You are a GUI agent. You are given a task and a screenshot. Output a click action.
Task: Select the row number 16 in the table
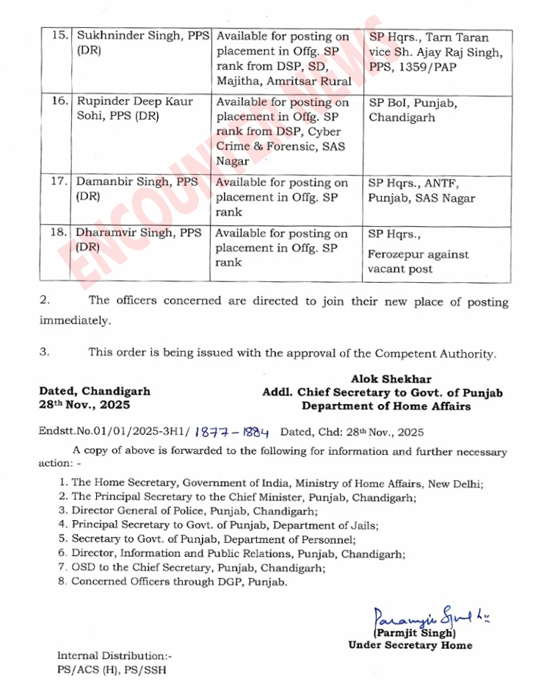pyautogui.click(x=59, y=101)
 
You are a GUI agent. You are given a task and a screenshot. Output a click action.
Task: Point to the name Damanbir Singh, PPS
pyautogui.click(x=137, y=182)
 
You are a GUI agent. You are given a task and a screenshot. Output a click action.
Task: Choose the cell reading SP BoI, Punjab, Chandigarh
pyautogui.click(x=412, y=109)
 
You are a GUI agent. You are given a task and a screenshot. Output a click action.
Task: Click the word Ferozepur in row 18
pyautogui.click(x=396, y=255)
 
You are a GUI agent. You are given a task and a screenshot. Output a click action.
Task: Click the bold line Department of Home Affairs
pyautogui.click(x=385, y=406)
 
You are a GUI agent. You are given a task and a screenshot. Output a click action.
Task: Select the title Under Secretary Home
pyautogui.click(x=410, y=646)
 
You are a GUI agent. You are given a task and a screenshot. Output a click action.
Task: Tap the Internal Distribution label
pyautogui.click(x=115, y=655)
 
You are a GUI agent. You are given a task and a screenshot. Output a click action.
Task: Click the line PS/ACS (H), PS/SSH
pyautogui.click(x=116, y=669)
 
